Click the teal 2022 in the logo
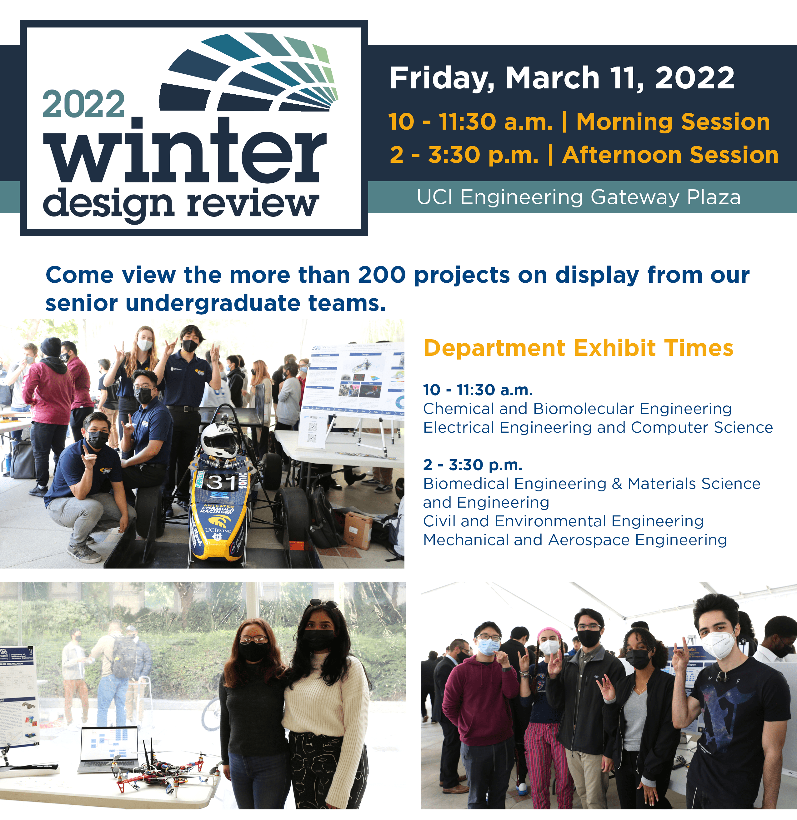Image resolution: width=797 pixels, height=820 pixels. tap(83, 105)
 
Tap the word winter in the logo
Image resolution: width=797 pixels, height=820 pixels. tap(184, 153)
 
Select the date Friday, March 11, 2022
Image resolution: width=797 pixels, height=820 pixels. tap(562, 78)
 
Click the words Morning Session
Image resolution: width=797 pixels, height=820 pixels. tap(673, 122)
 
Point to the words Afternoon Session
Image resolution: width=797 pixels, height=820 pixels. tap(670, 155)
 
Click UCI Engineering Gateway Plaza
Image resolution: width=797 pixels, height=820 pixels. tap(579, 197)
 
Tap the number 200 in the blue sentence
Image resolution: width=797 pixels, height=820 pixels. tap(381, 275)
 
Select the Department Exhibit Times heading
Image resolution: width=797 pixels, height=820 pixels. tap(578, 348)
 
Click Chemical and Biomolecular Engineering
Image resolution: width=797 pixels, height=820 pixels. tap(577, 409)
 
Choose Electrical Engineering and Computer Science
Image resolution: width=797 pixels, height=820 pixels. tap(598, 428)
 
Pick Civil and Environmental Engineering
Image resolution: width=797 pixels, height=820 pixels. tap(563, 521)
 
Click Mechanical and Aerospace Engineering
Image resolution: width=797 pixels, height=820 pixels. tap(575, 540)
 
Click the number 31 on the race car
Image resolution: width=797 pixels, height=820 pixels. tap(222, 482)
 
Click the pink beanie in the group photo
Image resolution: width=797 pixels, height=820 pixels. tap(549, 633)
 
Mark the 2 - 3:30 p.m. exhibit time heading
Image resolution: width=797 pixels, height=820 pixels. tap(473, 465)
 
